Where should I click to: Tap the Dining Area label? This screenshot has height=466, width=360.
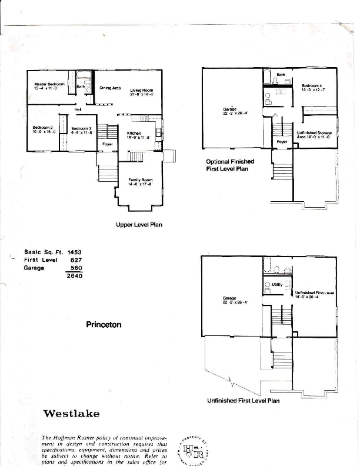[x=110, y=88]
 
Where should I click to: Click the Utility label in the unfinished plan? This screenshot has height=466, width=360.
[x=278, y=284]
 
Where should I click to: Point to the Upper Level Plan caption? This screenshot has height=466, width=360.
[x=139, y=224]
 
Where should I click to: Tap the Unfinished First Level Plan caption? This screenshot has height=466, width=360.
[x=243, y=401]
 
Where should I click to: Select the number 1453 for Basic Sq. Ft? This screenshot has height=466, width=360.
[x=75, y=251]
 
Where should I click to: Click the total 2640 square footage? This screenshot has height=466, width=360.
[x=75, y=275]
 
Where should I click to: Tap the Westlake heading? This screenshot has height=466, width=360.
[x=71, y=413]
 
